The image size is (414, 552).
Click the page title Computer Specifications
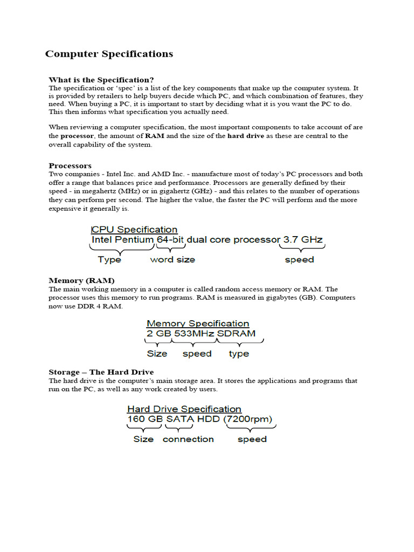click(109, 54)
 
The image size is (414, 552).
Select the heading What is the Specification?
click(101, 80)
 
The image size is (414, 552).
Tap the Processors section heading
click(70, 165)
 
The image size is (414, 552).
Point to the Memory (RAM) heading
click(81, 281)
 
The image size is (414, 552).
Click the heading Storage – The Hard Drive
click(101, 372)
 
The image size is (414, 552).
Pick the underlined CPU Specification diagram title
click(135, 230)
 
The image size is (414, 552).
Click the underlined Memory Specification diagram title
click(198, 323)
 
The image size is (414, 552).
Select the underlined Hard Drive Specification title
click(184, 409)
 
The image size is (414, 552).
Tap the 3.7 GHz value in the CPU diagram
click(303, 240)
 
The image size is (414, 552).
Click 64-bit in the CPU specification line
click(170, 240)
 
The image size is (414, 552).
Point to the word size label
click(172, 260)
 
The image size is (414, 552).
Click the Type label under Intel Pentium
click(109, 260)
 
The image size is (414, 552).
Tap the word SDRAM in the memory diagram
click(236, 334)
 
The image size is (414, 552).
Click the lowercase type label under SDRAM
click(239, 354)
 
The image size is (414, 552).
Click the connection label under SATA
click(188, 439)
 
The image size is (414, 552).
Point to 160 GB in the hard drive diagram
click(145, 419)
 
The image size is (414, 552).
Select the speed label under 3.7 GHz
click(299, 260)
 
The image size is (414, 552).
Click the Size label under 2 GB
click(157, 354)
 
